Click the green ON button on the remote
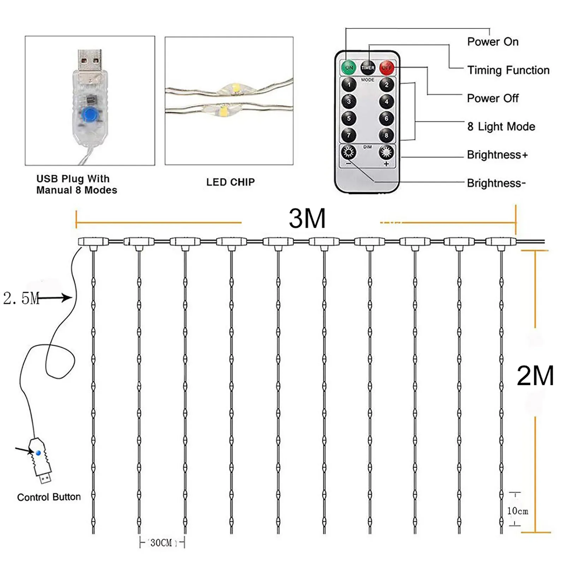(x=349, y=67)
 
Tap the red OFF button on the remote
(x=387, y=67)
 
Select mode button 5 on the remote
(x=349, y=118)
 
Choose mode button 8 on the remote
(x=386, y=135)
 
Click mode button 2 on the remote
(x=386, y=85)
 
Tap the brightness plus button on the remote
(x=386, y=153)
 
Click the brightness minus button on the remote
(x=349, y=153)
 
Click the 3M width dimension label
(x=307, y=219)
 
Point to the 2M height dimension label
(x=535, y=376)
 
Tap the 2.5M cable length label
(x=21, y=298)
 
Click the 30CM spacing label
(x=161, y=543)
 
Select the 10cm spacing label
(x=517, y=511)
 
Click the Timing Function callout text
(x=508, y=70)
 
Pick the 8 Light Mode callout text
(x=501, y=126)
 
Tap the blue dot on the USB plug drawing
(x=38, y=453)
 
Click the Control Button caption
(x=49, y=497)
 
